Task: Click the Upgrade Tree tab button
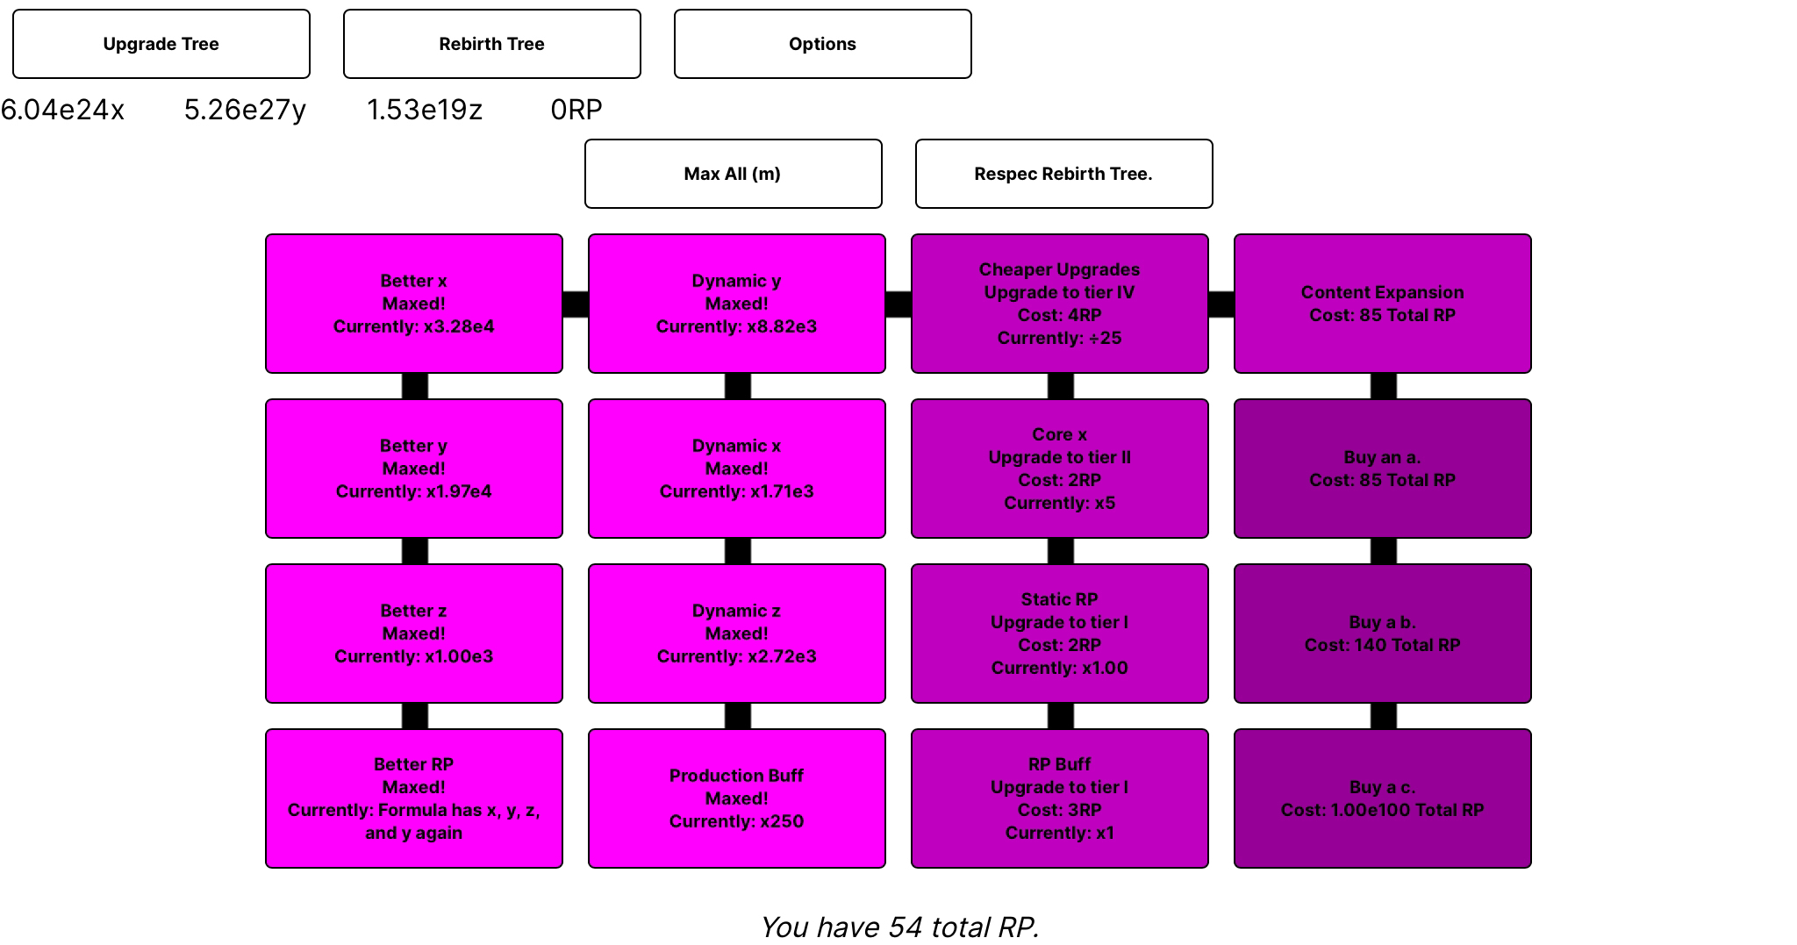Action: coord(161,44)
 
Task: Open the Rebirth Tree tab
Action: coord(492,44)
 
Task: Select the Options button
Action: coord(823,44)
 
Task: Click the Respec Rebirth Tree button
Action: coord(1064,174)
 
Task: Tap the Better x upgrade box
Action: coord(414,304)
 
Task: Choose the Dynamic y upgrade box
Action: coord(737,304)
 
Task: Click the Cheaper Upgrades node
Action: coord(1060,304)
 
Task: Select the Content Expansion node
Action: coord(1383,304)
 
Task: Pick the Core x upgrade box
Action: coord(1060,469)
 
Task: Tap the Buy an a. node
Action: coord(1383,469)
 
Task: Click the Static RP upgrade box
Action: coord(1060,634)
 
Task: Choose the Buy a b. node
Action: coord(1383,634)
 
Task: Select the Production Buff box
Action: coord(737,798)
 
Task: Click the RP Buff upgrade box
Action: coord(1060,798)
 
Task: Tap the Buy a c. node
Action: coord(1383,798)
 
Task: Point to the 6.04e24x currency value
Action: coord(62,110)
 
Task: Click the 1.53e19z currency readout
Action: coord(425,110)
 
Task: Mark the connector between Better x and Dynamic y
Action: coord(576,304)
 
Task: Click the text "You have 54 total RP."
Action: coord(899,927)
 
